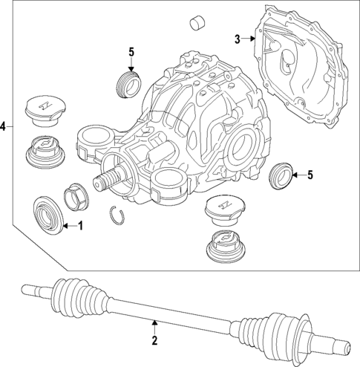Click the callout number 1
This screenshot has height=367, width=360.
click(x=82, y=225)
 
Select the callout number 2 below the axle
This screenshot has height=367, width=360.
click(x=154, y=341)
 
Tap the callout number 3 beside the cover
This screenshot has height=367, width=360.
click(x=237, y=39)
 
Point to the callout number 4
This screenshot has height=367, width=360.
click(x=4, y=127)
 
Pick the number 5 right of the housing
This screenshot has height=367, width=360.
click(x=310, y=175)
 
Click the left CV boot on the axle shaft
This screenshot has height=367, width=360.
click(x=72, y=294)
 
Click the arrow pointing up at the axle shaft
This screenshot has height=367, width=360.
click(x=154, y=324)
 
